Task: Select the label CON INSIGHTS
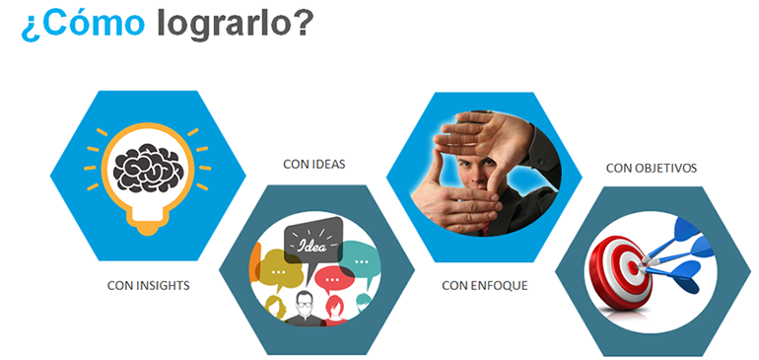pyautogui.click(x=148, y=285)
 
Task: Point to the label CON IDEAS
pyautogui.click(x=313, y=164)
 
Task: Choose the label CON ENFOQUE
pyautogui.click(x=484, y=285)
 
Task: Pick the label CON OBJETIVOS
pyautogui.click(x=652, y=168)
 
